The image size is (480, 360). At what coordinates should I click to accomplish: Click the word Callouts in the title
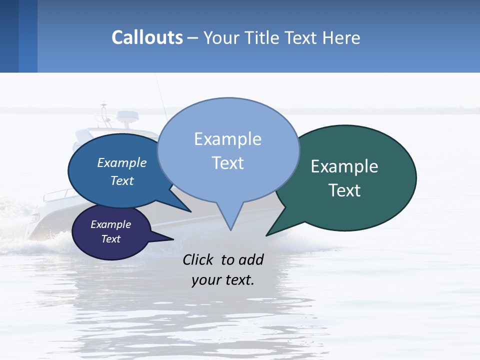[147, 37]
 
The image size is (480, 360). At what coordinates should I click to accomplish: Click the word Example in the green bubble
[344, 166]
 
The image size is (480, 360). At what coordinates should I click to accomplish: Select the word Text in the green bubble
[344, 190]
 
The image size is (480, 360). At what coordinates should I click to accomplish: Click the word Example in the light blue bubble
[227, 139]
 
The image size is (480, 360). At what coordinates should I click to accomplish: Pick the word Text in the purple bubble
[111, 239]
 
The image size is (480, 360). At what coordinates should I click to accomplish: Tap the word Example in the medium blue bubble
[122, 162]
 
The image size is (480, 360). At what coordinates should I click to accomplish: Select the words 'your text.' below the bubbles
[223, 280]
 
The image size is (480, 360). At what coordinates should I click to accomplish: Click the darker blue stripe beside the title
[28, 36]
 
